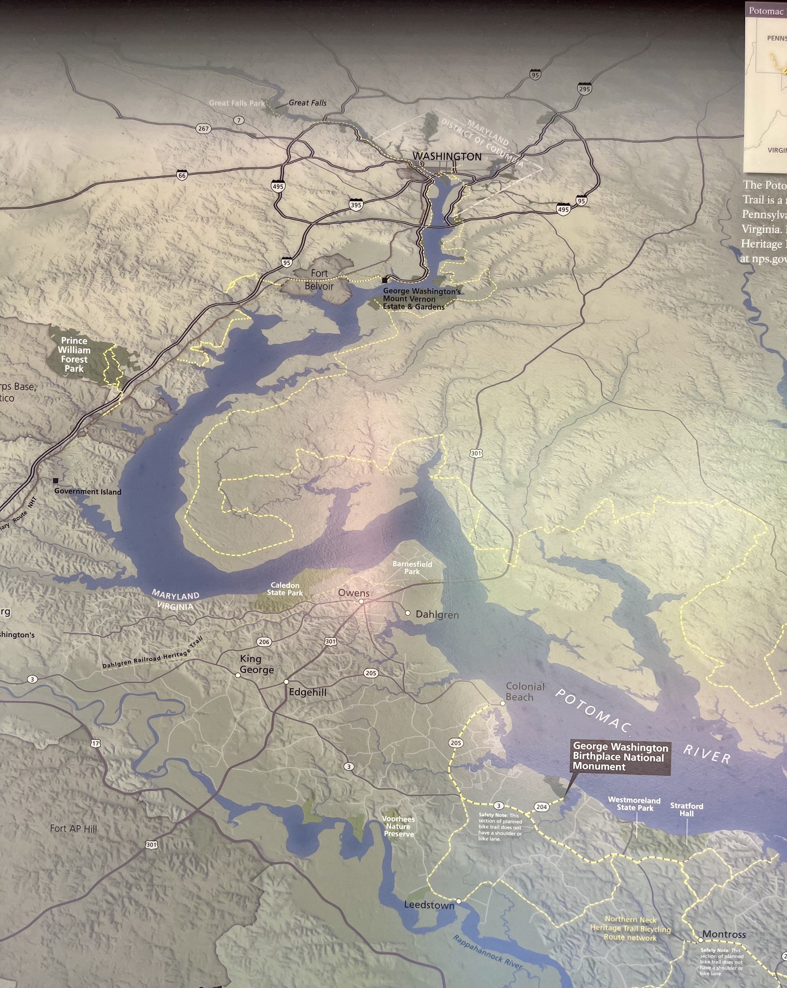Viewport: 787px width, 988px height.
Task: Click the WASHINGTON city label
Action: tap(447, 157)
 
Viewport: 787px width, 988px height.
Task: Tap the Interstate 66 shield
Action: tap(182, 175)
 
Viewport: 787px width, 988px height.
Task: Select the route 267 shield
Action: tap(203, 129)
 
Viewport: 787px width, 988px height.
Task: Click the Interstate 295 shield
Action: tap(584, 89)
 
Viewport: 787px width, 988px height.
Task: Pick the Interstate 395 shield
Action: tap(356, 205)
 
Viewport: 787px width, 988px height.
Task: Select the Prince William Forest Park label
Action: tap(74, 354)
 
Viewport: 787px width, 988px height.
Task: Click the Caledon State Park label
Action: tap(285, 589)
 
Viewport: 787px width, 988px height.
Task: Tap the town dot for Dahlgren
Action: tap(408, 613)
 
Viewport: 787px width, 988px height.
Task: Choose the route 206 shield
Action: tap(264, 642)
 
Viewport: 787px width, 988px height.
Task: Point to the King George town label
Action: tap(257, 664)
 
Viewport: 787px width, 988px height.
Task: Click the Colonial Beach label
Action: tap(525, 691)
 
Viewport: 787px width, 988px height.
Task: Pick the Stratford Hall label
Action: tap(686, 809)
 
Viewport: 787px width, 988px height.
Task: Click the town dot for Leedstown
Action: tap(459, 900)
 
